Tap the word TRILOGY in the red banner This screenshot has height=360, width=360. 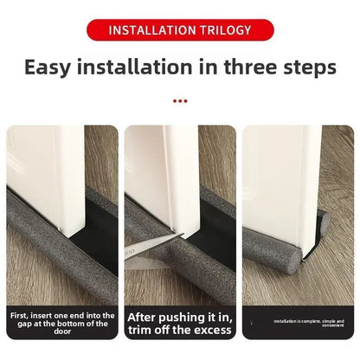[223, 30]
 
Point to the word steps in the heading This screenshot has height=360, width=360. [305, 67]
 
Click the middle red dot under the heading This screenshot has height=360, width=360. [180, 100]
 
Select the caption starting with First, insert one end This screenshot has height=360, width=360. [61, 324]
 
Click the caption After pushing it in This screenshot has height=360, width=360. [180, 318]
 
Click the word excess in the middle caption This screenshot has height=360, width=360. [212, 331]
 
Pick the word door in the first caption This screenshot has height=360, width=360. [61, 332]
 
